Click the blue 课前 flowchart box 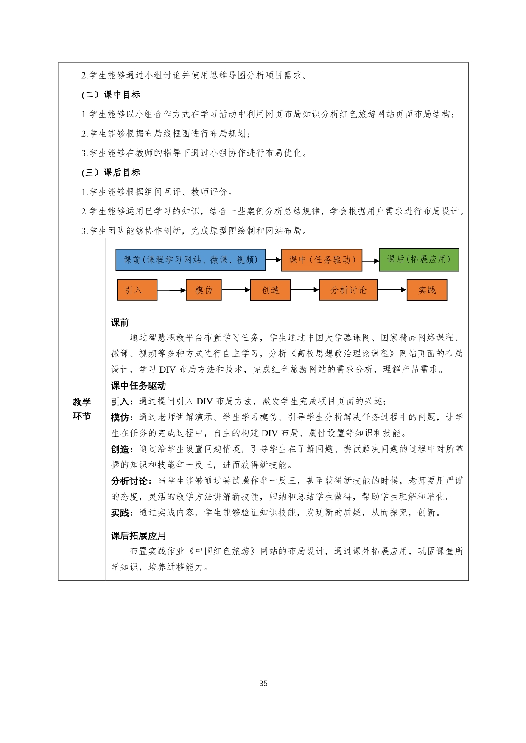pyautogui.click(x=190, y=260)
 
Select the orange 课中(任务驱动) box pyautogui.click(x=322, y=260)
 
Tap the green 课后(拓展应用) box pyautogui.click(x=419, y=259)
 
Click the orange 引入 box pyautogui.click(x=137, y=290)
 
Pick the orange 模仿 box pyautogui.click(x=204, y=290)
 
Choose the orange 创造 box pyautogui.click(x=270, y=290)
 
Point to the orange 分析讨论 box pyautogui.click(x=348, y=290)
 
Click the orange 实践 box pyautogui.click(x=427, y=290)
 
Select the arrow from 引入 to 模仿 pyautogui.click(x=171, y=290)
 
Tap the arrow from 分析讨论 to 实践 pyautogui.click(x=392, y=290)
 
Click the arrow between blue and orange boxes pyautogui.click(x=273, y=260)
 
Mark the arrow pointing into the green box pyautogui.click(x=370, y=261)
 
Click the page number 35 pyautogui.click(x=263, y=683)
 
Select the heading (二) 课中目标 pyautogui.click(x=111, y=95)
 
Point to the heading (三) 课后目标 pyautogui.click(x=111, y=173)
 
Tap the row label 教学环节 pyautogui.click(x=82, y=409)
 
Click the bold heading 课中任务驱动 pyautogui.click(x=138, y=386)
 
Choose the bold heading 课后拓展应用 pyautogui.click(x=138, y=536)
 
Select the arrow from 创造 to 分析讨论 pyautogui.click(x=305, y=290)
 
